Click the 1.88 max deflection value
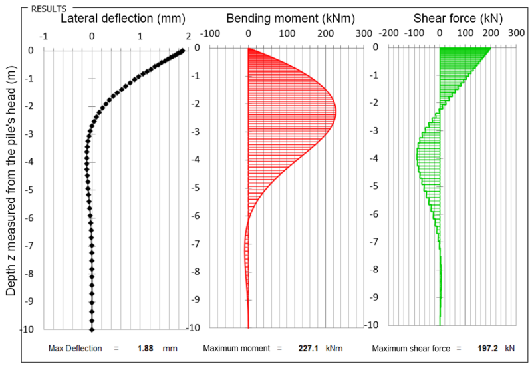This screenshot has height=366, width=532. [145, 348]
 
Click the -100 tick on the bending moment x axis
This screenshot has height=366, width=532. [209, 33]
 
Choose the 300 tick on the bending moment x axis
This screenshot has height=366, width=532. [364, 33]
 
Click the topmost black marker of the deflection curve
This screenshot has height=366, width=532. [182, 51]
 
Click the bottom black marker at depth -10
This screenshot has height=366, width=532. [92, 329]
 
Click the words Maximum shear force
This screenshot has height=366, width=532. [406, 348]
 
